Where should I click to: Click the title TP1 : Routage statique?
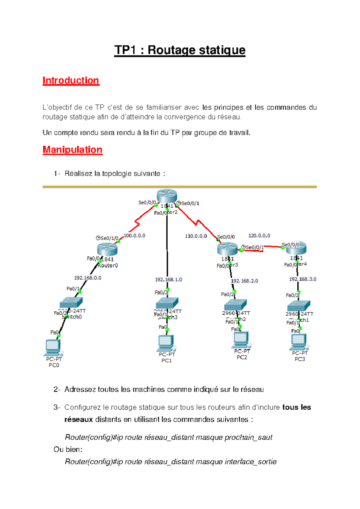pyautogui.click(x=180, y=50)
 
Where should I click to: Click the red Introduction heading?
pyautogui.click(x=71, y=80)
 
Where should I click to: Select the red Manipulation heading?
pyautogui.click(x=72, y=149)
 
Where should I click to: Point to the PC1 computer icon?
pyautogui.click(x=166, y=343)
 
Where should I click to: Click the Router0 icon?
pyautogui.click(x=107, y=249)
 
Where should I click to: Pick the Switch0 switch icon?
pyautogui.click(x=71, y=302)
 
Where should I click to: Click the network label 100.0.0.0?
pyautogui.click(x=134, y=236)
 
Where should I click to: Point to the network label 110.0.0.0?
pyautogui.click(x=196, y=236)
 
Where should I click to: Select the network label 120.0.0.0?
pyautogui.click(x=259, y=236)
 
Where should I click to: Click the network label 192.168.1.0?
pyautogui.click(x=169, y=279)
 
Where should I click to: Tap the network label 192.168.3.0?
pyautogui.click(x=302, y=279)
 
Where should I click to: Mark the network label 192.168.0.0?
pyautogui.click(x=88, y=278)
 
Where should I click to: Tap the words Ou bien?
pyautogui.click(x=68, y=449)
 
